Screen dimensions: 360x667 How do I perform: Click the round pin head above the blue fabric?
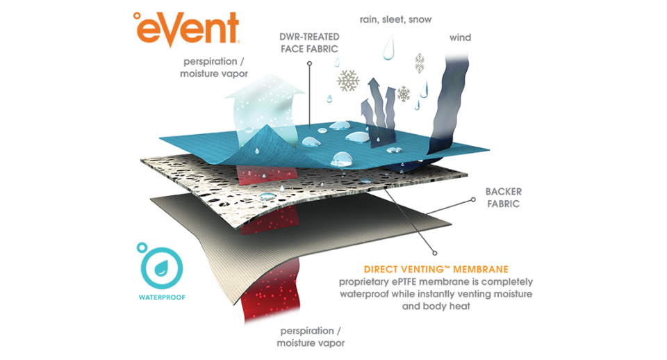click(x=309, y=63)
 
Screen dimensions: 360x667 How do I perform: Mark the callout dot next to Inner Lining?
click(x=476, y=199)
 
